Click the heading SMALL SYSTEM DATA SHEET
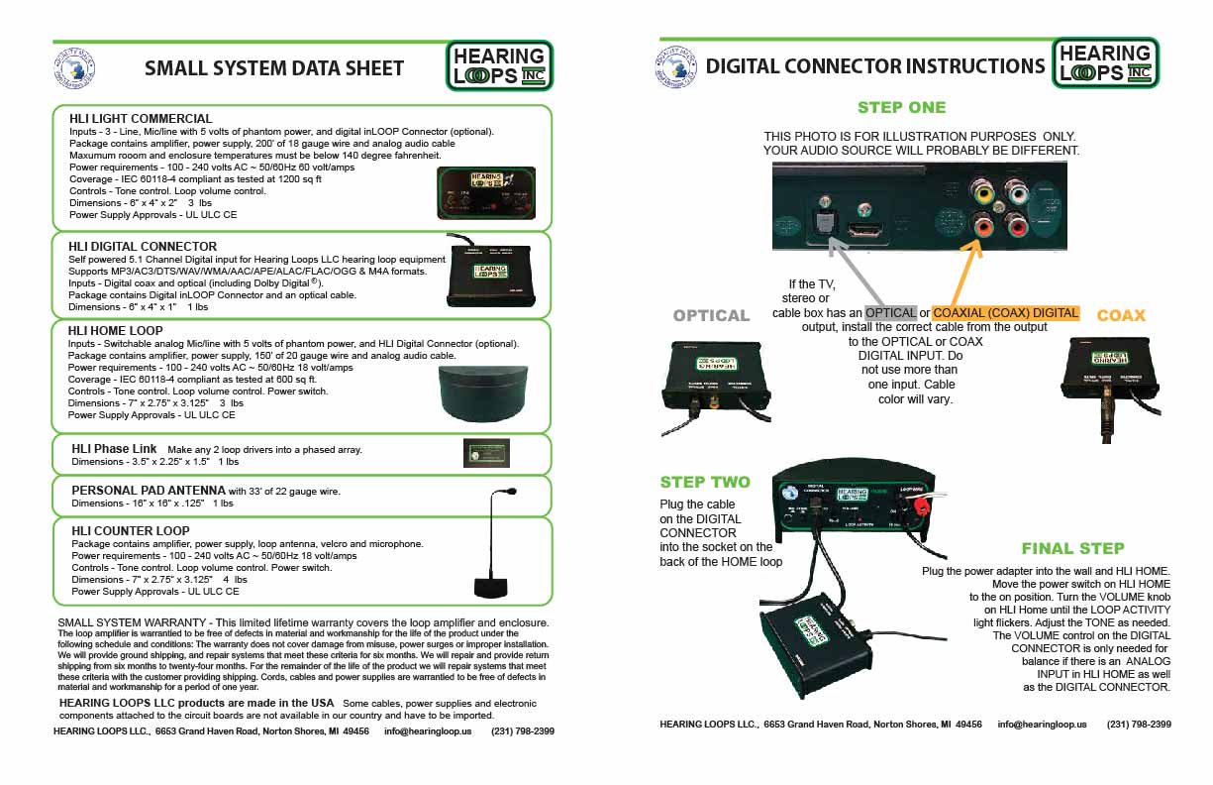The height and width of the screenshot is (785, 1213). (274, 68)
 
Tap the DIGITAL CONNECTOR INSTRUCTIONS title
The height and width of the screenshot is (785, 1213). (874, 66)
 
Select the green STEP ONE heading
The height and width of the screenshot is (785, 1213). (901, 107)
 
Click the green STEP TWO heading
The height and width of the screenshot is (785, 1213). (705, 482)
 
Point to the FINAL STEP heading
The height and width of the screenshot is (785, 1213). (1072, 548)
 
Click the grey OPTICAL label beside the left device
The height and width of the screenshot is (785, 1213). (711, 315)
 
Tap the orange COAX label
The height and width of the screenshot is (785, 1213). (1121, 315)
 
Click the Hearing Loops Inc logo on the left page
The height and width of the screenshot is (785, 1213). (499, 65)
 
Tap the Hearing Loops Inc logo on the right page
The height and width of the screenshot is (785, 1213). (1105, 63)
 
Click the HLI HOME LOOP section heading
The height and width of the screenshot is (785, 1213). (116, 330)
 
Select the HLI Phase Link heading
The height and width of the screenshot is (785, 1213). (114, 449)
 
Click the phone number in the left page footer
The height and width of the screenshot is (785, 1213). (522, 730)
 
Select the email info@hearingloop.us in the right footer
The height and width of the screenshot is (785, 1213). (1042, 725)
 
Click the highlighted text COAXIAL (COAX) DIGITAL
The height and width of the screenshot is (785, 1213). (1006, 313)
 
